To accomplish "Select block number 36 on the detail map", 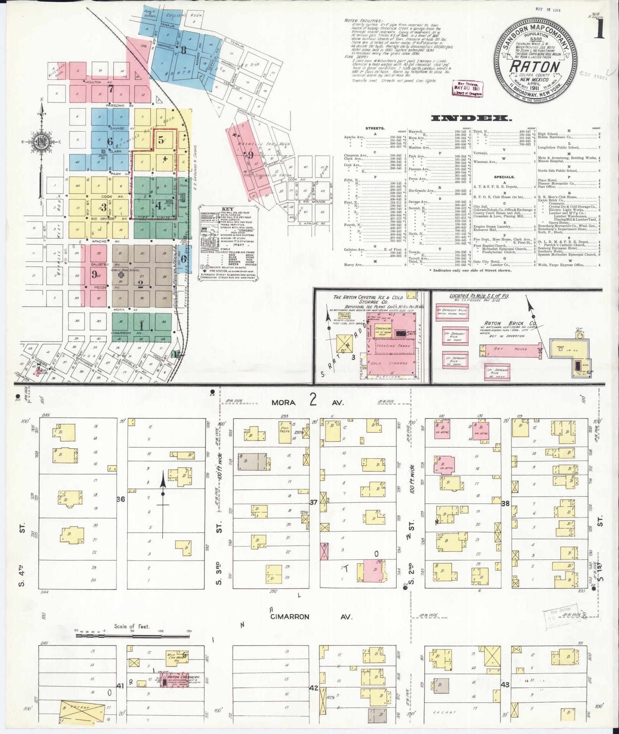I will coord(121,499).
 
